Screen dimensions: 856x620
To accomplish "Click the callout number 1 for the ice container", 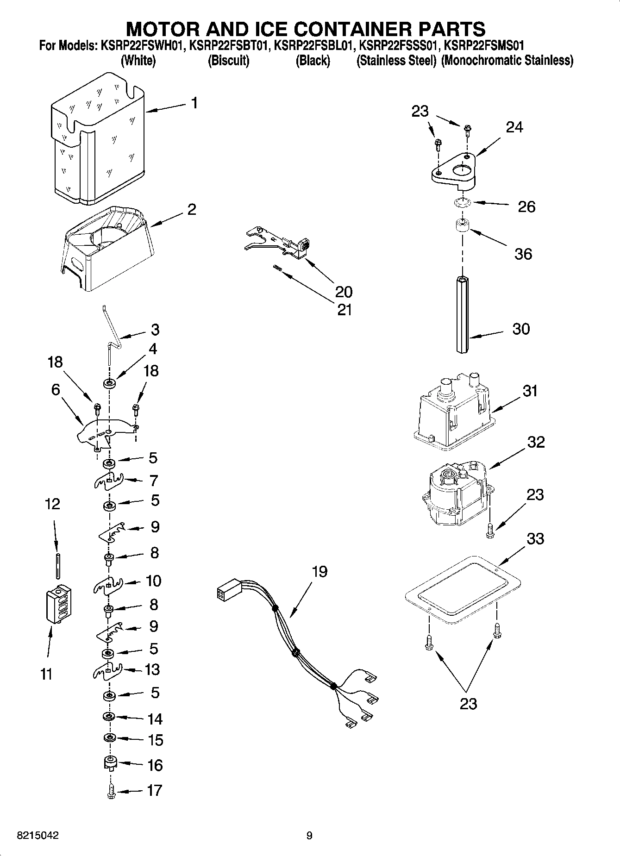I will [194, 103].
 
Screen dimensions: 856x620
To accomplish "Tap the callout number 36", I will [523, 254].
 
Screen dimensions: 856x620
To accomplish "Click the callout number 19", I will [319, 572].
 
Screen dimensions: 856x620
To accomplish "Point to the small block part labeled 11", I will [59, 604].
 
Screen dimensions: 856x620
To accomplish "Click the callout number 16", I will [155, 765].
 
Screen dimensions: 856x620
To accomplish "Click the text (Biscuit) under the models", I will [229, 61].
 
